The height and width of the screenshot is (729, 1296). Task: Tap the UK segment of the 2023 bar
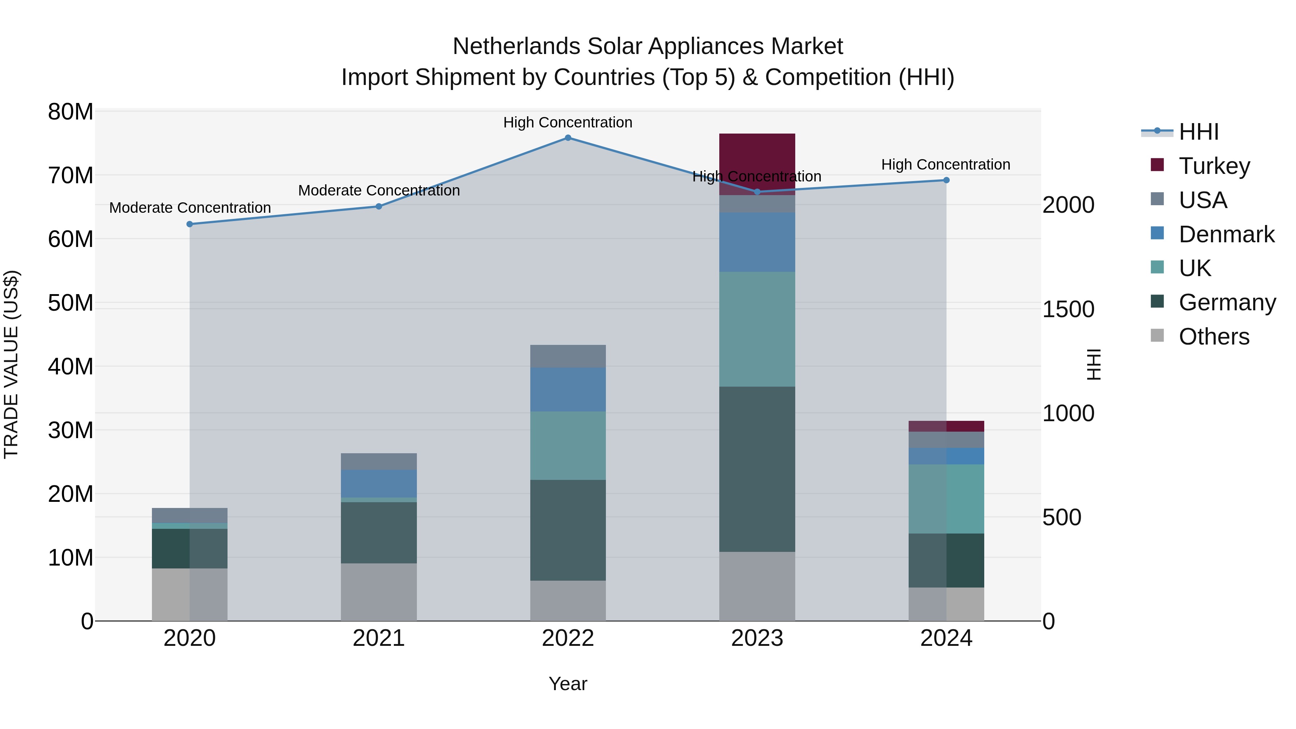[757, 329]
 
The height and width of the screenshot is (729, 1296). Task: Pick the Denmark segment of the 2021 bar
[378, 483]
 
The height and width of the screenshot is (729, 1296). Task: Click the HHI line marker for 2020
[190, 224]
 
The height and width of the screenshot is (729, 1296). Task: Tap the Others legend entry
[1214, 337]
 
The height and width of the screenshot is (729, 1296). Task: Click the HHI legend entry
[1197, 132]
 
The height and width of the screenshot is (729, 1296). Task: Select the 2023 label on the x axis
[757, 638]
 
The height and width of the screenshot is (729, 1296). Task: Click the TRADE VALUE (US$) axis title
[11, 364]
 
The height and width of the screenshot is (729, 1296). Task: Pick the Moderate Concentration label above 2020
[190, 208]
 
